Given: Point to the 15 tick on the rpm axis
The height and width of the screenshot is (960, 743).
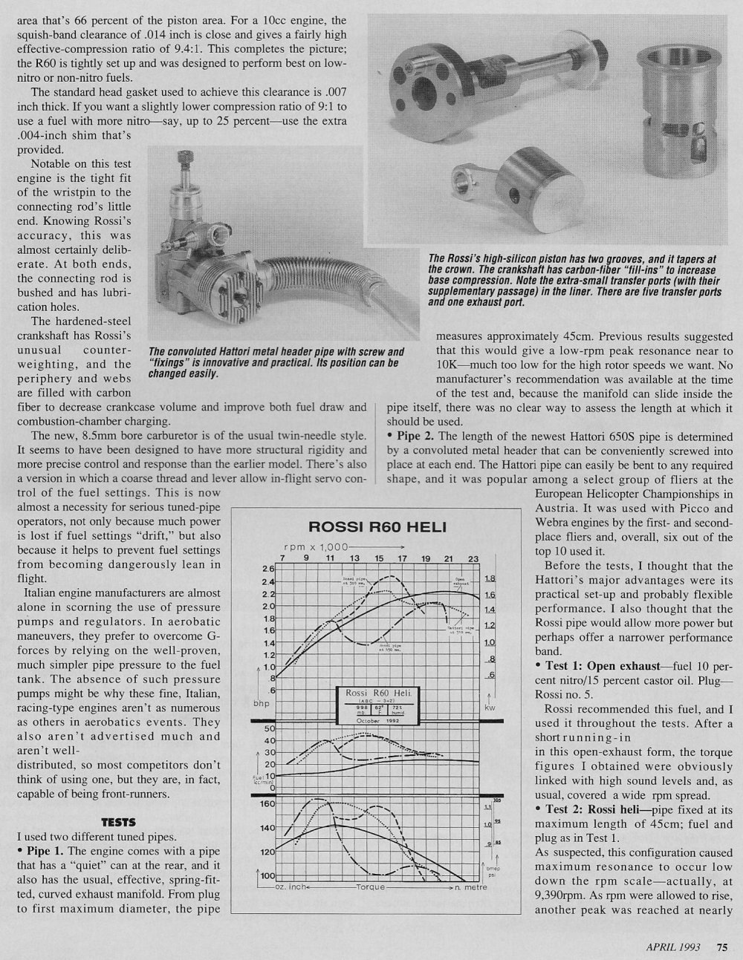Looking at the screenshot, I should [378, 558].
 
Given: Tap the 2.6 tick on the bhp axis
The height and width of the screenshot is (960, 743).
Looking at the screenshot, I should [268, 569].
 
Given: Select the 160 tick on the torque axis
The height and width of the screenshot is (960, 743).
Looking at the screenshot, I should [268, 803].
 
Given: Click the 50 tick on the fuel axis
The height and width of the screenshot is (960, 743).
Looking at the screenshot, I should [270, 729].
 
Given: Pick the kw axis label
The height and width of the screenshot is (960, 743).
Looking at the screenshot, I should [489, 707].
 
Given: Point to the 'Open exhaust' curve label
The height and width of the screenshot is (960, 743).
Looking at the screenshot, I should [460, 581].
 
